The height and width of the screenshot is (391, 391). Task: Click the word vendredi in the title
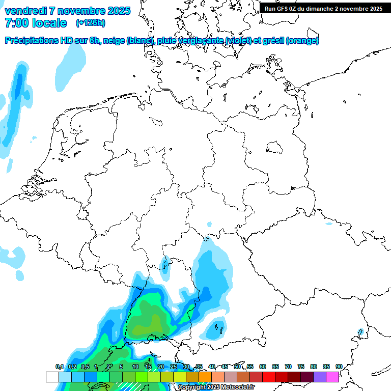click(x=25, y=11)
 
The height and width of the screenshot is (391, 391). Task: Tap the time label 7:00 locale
click(x=36, y=23)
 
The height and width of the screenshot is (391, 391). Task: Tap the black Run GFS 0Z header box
click(x=324, y=8)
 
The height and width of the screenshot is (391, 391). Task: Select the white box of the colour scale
click(x=52, y=377)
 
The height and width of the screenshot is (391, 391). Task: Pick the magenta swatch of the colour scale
click(x=332, y=377)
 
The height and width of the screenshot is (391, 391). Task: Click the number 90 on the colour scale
click(x=339, y=367)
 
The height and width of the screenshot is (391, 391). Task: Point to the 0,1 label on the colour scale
click(x=59, y=367)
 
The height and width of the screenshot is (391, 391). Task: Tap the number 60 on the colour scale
click(x=263, y=367)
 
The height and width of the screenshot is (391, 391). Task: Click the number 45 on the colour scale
click(x=225, y=367)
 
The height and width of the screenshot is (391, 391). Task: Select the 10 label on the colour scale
click(x=135, y=367)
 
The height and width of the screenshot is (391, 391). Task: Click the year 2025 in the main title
click(x=118, y=11)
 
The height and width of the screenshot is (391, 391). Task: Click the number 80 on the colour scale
click(x=314, y=367)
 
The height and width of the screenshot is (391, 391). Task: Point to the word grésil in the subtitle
click(x=272, y=41)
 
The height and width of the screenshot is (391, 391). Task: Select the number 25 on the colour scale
click(x=174, y=367)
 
